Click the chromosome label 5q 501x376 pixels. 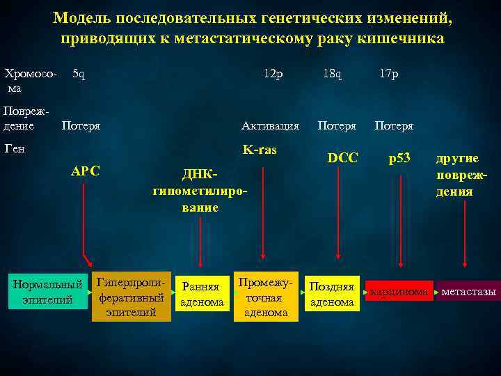click(79, 74)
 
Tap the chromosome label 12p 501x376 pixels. click(273, 74)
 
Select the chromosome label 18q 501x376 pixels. click(332, 74)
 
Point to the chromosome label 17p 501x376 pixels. click(389, 74)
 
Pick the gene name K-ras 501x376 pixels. click(260, 150)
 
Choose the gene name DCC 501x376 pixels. click(342, 158)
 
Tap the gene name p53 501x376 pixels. click(399, 158)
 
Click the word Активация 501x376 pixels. click(270, 126)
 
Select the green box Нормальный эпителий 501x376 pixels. click(47, 292)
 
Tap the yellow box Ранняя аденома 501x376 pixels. click(202, 294)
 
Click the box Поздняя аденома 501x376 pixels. click(332, 294)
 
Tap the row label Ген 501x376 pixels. click(15, 148)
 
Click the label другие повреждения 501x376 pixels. click(459, 175)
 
